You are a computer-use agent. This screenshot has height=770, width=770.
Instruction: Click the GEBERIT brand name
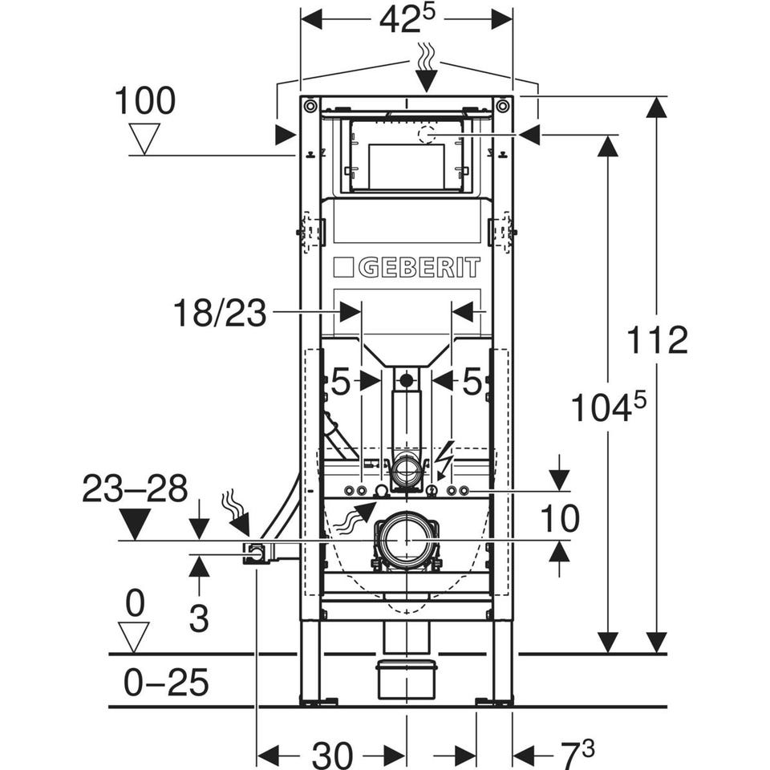click(x=418, y=267)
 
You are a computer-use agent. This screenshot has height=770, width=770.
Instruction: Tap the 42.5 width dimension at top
click(x=410, y=20)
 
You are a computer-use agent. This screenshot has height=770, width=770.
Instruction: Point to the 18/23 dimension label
click(x=219, y=314)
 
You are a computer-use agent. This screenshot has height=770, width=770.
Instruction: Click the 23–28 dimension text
click(x=135, y=488)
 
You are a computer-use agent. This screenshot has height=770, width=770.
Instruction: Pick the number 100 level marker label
click(x=144, y=102)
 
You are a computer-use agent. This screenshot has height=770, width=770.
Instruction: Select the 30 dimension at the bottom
click(x=332, y=755)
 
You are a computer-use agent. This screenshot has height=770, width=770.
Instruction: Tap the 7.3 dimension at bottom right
click(x=577, y=753)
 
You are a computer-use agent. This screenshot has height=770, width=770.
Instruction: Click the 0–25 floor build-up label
click(x=166, y=683)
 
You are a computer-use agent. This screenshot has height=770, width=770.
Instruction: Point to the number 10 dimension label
click(x=559, y=519)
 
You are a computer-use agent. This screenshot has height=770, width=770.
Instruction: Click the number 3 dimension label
click(x=198, y=618)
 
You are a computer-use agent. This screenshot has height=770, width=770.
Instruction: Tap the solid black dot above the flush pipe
click(x=407, y=380)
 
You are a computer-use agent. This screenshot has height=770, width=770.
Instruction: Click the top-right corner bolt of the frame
click(x=503, y=105)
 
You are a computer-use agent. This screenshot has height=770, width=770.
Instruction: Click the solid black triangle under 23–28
click(x=135, y=524)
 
